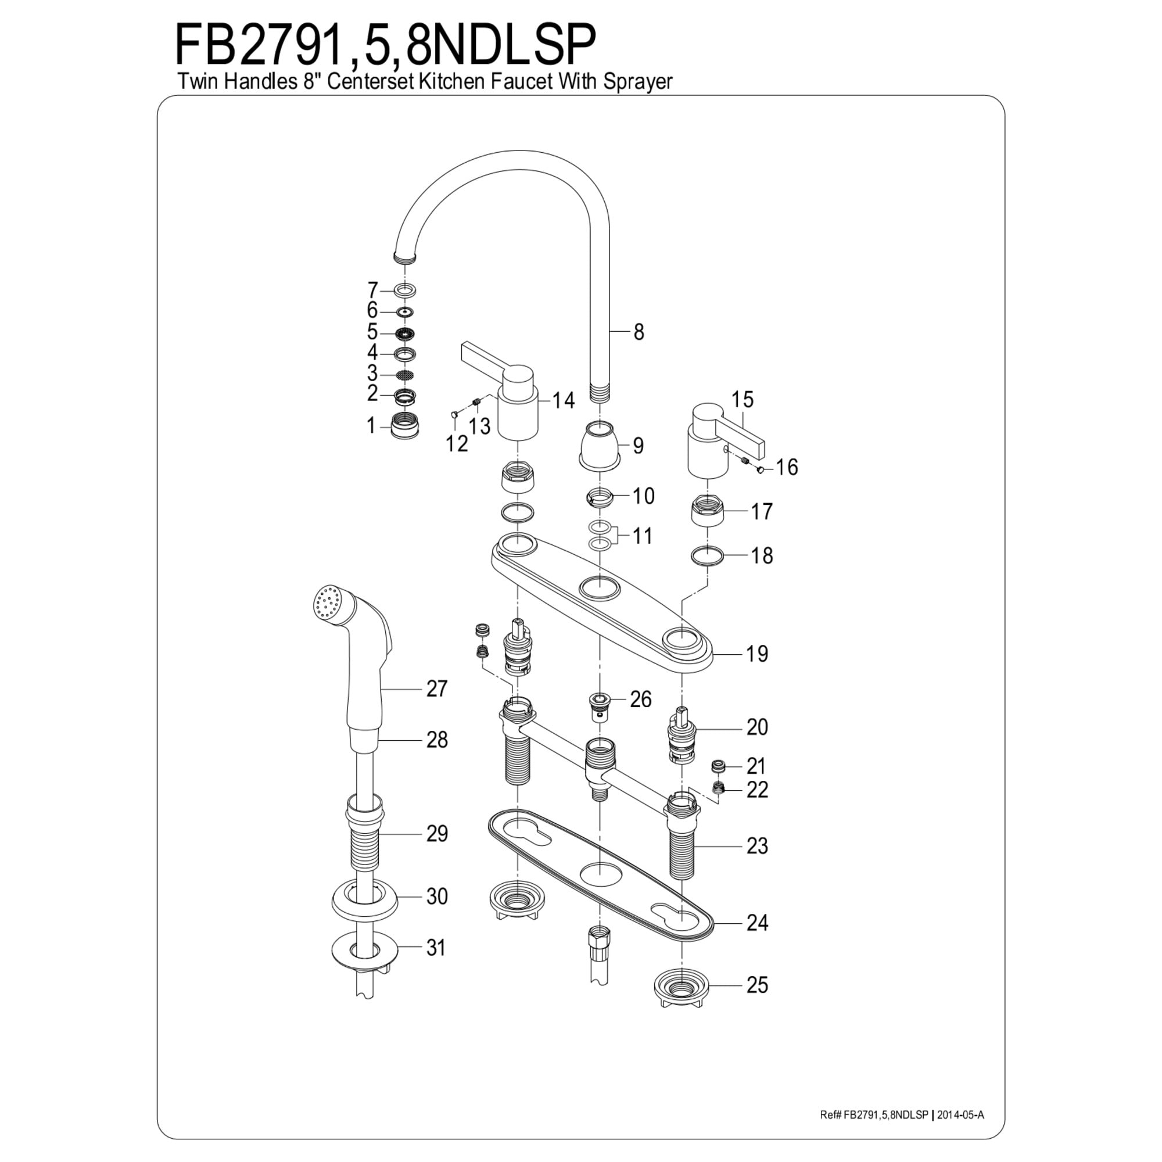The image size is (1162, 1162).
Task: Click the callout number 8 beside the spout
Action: tap(639, 331)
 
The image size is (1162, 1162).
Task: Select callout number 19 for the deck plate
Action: tap(757, 653)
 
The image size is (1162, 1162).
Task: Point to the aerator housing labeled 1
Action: tap(406, 426)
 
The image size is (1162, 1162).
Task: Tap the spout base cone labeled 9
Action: tap(600, 446)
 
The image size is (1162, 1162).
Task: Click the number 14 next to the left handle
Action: tap(564, 400)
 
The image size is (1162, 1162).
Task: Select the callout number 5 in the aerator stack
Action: tap(372, 332)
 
